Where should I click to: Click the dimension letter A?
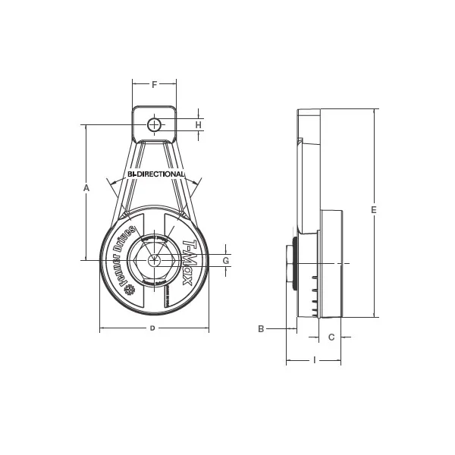click(x=86, y=187)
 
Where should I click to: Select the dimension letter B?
click(x=261, y=329)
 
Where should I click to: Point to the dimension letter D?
click(x=152, y=328)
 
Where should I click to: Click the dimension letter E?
click(x=374, y=210)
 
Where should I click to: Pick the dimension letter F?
click(x=154, y=85)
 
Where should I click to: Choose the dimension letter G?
click(x=225, y=261)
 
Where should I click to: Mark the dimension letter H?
click(x=198, y=124)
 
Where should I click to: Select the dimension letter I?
click(x=314, y=360)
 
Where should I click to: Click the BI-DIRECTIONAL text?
click(x=155, y=174)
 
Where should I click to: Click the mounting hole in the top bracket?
click(x=154, y=124)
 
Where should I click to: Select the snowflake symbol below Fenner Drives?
click(x=128, y=290)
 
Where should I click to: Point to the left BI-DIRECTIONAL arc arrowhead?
click(x=112, y=183)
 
